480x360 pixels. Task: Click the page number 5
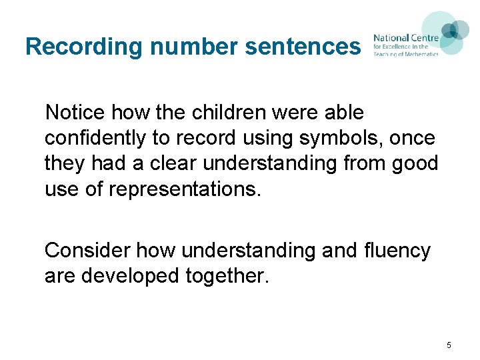pos(449,345)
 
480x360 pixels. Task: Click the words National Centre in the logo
pos(405,38)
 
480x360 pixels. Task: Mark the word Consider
pos(87,251)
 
